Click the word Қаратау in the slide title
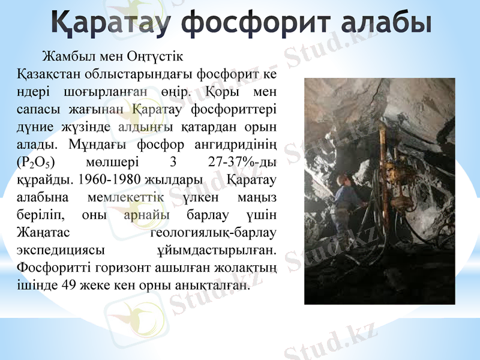click(112, 22)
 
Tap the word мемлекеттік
click(120, 196)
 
